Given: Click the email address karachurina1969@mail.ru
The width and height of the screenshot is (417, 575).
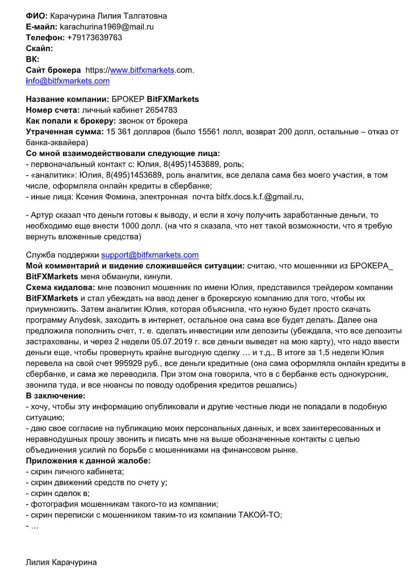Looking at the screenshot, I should point(106,27).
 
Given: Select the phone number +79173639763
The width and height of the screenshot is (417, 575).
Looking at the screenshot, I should point(94,38).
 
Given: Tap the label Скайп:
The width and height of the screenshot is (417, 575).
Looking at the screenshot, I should point(39,48).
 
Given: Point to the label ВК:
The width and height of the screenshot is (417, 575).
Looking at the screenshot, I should point(32,59).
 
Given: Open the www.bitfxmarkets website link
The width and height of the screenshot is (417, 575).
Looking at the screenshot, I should point(142,70).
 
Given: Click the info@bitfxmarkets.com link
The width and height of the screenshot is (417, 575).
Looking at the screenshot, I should point(68,81).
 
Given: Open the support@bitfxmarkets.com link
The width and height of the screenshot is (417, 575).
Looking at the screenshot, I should point(150,255).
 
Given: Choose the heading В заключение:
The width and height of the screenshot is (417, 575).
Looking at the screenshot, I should point(55,395).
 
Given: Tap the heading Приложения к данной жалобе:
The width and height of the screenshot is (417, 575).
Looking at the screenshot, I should point(88,461).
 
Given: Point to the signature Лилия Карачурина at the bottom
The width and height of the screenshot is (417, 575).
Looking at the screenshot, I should point(61,563).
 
